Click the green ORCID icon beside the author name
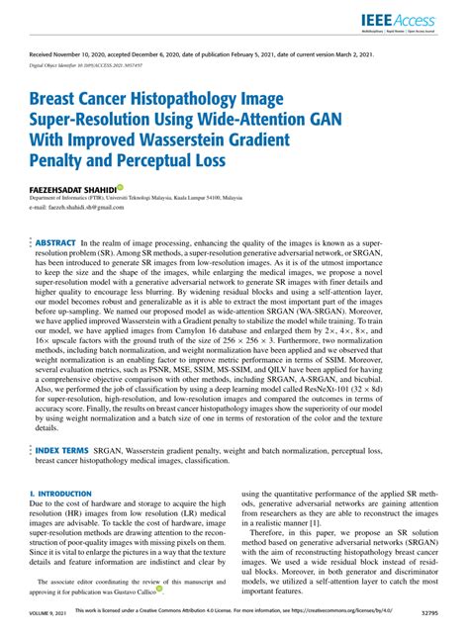(x=120, y=186)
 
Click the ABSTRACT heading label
(x=55, y=242)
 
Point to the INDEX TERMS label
(x=61, y=449)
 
